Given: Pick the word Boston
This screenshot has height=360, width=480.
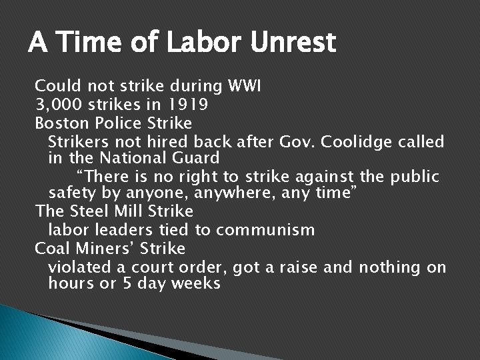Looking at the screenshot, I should click(x=59, y=123).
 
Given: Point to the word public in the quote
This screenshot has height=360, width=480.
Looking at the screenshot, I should click(x=416, y=177).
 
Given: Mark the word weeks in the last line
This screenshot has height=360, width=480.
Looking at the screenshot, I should click(x=195, y=284).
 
